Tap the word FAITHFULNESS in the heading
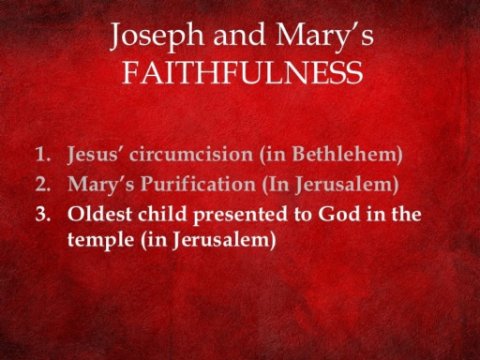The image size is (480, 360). pyautogui.click(x=243, y=72)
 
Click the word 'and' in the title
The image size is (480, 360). pyautogui.click(x=240, y=35)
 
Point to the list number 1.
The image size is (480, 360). pyautogui.click(x=42, y=154)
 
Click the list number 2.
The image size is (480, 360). pyautogui.click(x=42, y=184)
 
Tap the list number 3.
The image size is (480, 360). pyautogui.click(x=42, y=214)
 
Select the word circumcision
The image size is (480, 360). pyautogui.click(x=191, y=154)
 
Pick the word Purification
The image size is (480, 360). pyautogui.click(x=198, y=184)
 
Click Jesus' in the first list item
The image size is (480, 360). pyautogui.click(x=96, y=155)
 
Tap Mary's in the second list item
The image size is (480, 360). pyautogui.click(x=101, y=185)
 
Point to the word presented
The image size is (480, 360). pyautogui.click(x=240, y=215)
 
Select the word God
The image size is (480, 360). pyautogui.click(x=339, y=214)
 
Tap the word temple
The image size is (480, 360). pyautogui.click(x=101, y=240)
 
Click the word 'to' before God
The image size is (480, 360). pyautogui.click(x=303, y=215)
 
